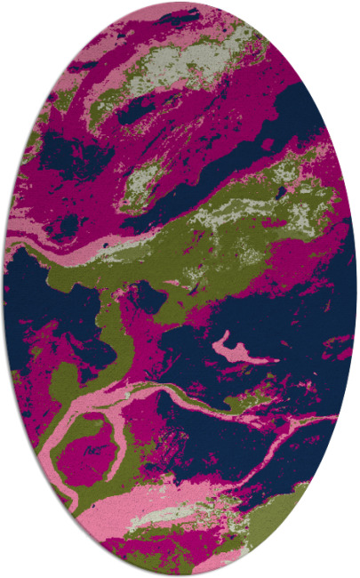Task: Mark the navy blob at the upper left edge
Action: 53,151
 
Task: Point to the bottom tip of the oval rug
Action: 180,574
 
